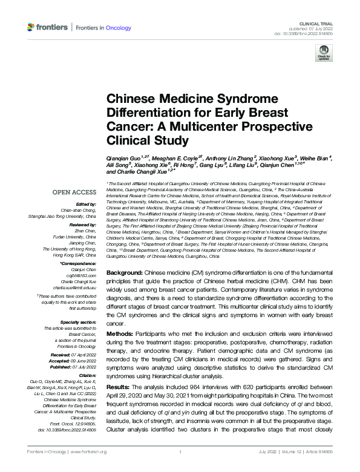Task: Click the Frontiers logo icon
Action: tap(31, 27)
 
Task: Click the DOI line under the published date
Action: tap(308, 34)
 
